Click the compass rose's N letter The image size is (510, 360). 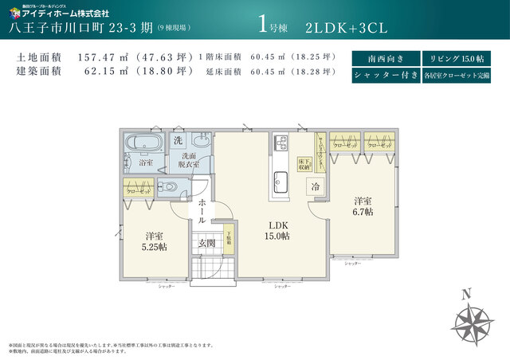coord(468,291)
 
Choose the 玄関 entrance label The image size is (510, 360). coord(206,243)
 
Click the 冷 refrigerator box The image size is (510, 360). coord(316,186)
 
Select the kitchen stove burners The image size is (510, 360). coord(281,143)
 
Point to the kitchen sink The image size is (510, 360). coord(281,176)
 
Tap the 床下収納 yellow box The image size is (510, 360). coord(304,163)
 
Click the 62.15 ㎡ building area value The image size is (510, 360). coord(108,71)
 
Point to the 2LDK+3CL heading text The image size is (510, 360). coord(346,27)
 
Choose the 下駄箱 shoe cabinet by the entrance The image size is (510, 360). coord(229,241)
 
